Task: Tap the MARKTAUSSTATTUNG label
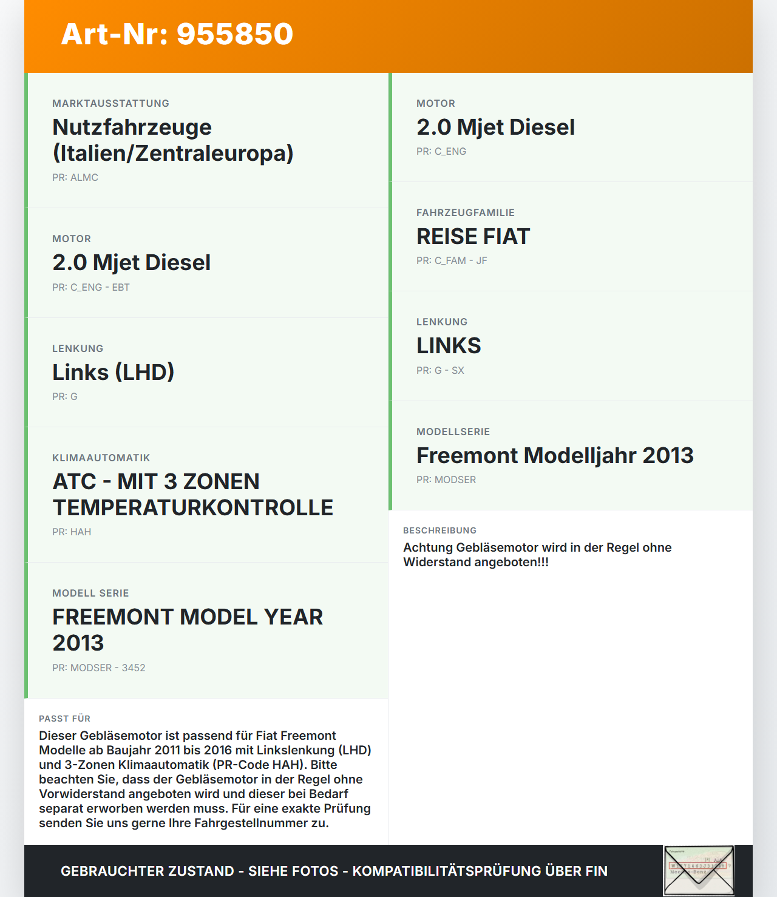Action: (x=110, y=104)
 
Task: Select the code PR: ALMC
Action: (x=75, y=178)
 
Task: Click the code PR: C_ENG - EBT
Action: (x=91, y=288)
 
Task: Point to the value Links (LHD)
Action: (x=113, y=372)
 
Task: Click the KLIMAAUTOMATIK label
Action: (x=101, y=458)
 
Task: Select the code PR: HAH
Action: (x=72, y=532)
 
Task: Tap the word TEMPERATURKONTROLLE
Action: (x=193, y=508)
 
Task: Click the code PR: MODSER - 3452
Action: (x=99, y=668)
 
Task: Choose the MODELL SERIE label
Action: (x=90, y=594)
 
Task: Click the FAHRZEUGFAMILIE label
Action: (x=466, y=213)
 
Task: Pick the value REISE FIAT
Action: (x=473, y=237)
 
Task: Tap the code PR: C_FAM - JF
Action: (x=452, y=261)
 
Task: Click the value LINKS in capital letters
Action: (x=449, y=346)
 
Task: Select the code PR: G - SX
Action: (x=440, y=371)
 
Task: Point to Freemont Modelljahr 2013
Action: (x=555, y=456)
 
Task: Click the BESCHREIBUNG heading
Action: (x=440, y=530)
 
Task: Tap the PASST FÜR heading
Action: (x=64, y=719)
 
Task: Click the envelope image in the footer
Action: (x=699, y=870)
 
